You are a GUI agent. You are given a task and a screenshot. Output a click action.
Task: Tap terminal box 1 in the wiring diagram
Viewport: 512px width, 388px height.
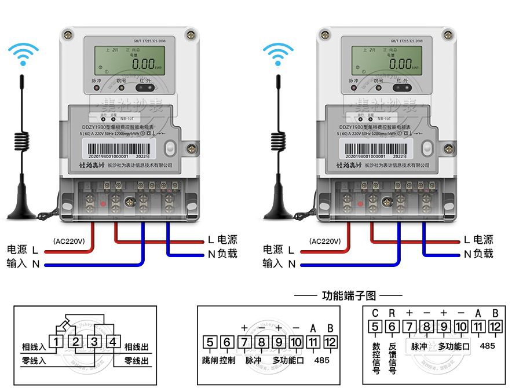click(x=56, y=342)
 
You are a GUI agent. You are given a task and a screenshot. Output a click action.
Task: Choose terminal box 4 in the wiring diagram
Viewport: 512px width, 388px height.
click(x=113, y=342)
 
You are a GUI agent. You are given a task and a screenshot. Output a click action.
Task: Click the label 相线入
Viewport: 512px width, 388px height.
click(x=34, y=347)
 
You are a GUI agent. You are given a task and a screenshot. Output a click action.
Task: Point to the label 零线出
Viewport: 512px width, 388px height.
click(x=137, y=361)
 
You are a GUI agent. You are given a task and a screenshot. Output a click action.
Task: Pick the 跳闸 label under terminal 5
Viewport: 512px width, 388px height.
click(x=210, y=360)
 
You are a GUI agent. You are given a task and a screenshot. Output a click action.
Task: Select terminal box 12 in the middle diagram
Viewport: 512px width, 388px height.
click(x=330, y=342)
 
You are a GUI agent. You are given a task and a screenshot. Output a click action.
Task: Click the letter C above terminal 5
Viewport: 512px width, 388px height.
click(x=375, y=313)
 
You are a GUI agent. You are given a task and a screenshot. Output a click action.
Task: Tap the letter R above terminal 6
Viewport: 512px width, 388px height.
click(x=392, y=313)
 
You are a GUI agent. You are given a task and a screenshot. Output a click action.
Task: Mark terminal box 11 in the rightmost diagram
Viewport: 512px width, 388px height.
click(x=478, y=327)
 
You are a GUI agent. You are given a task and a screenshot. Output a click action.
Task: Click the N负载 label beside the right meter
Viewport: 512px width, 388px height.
click(x=478, y=254)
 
